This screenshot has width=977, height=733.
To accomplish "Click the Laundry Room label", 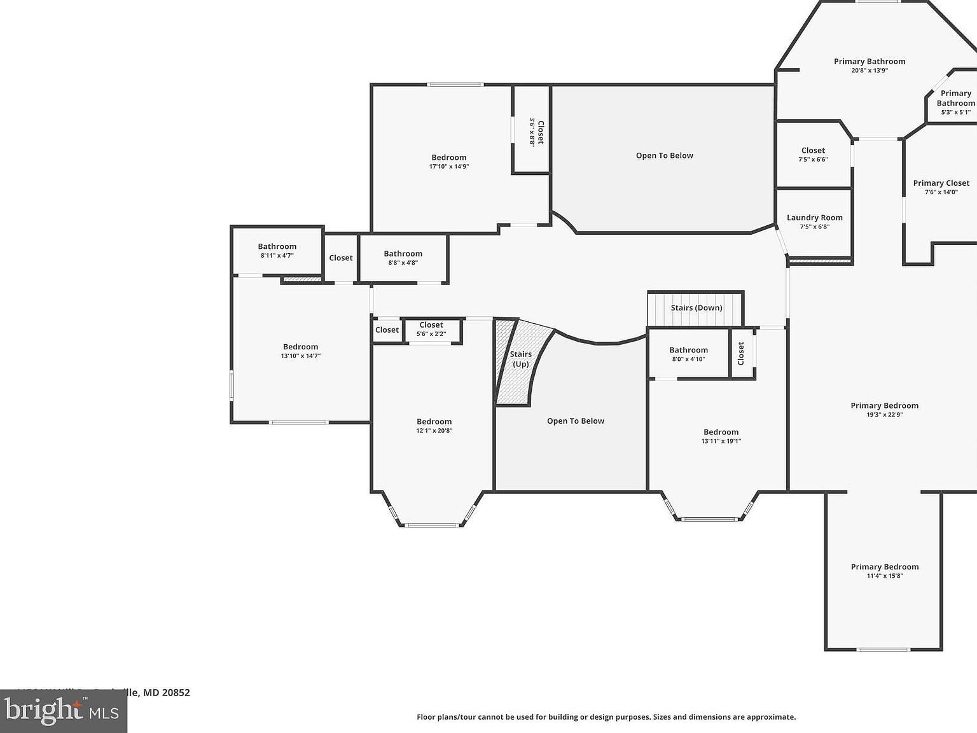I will (x=814, y=218).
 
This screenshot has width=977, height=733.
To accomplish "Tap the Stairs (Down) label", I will (x=696, y=308).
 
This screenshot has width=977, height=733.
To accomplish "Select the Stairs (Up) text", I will (x=520, y=360).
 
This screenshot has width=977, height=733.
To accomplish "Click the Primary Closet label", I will (x=941, y=183).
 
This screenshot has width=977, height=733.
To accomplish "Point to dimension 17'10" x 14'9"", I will (x=449, y=167).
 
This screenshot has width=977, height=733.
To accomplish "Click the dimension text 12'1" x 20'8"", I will (x=434, y=431).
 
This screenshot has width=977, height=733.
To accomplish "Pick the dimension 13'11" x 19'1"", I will (x=721, y=441).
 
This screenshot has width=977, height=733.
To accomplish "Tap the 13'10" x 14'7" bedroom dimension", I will (x=300, y=356).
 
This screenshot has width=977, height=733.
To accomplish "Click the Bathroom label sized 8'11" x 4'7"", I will (x=277, y=247).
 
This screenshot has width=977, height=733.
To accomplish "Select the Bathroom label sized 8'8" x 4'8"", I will (x=403, y=254).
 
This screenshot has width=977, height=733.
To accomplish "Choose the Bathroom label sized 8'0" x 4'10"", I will (x=688, y=350).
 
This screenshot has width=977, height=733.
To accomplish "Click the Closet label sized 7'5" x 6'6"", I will (x=813, y=151).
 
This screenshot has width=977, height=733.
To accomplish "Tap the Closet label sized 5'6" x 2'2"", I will (x=431, y=325).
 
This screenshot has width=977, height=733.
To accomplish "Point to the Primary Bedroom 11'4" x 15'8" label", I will (x=884, y=567).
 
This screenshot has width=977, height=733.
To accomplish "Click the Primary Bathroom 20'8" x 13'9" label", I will (x=870, y=62).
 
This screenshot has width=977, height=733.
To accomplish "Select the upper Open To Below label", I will (x=664, y=156).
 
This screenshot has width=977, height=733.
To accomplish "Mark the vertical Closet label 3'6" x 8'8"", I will (x=540, y=132).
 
